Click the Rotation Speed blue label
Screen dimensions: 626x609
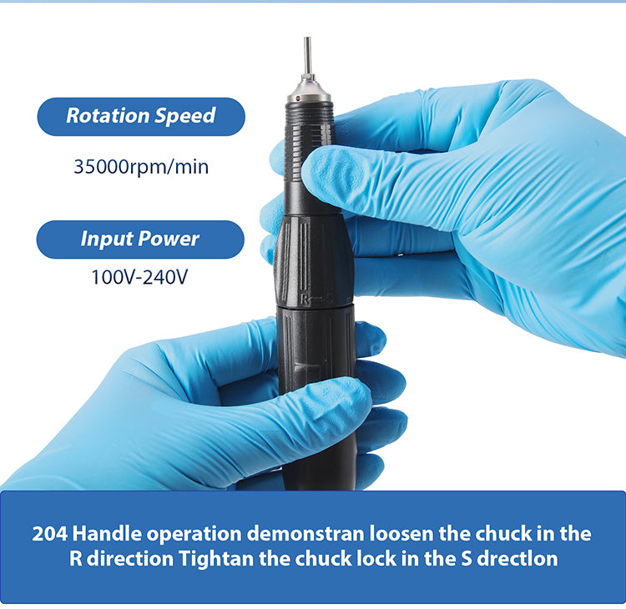[x=141, y=117]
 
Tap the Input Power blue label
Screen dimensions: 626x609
[x=140, y=239]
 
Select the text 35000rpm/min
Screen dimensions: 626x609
[x=141, y=166]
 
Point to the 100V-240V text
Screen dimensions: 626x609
[x=139, y=277]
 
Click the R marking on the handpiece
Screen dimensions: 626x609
[x=305, y=299]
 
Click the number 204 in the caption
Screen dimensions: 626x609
[x=50, y=534]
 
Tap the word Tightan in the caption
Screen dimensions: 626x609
[x=216, y=559]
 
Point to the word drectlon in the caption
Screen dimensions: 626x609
[x=517, y=559]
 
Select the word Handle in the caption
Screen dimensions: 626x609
[x=107, y=534]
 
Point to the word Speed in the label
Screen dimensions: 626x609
[x=184, y=116]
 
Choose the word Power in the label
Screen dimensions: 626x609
[x=169, y=239]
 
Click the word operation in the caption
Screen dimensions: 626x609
[x=194, y=535]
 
